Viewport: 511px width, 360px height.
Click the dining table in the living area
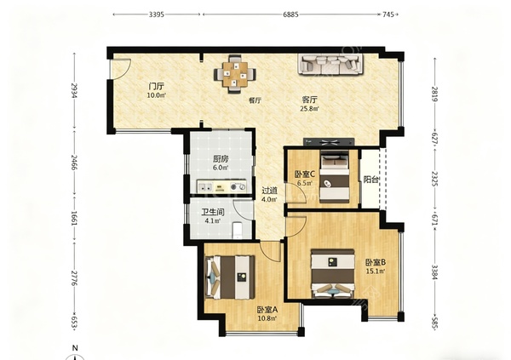[234, 74]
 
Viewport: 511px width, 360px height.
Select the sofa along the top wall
[330, 64]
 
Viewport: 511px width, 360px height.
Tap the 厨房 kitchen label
[221, 159]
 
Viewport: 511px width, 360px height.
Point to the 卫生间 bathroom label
[212, 213]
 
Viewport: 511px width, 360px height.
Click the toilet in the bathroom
[237, 230]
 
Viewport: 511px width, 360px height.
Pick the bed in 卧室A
[230, 277]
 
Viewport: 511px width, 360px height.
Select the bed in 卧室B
[332, 274]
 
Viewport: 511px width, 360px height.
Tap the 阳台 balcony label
[370, 180]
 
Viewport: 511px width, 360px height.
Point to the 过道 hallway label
[270, 191]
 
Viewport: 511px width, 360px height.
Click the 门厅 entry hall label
[156, 87]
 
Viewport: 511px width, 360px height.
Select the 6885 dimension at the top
[290, 14]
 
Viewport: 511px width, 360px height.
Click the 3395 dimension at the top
[157, 14]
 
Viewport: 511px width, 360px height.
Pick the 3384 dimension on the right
[434, 271]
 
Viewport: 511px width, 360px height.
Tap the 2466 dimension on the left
[74, 163]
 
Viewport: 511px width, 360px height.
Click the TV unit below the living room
[329, 142]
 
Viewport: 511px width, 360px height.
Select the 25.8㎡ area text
[309, 108]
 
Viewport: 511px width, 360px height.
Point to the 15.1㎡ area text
[376, 271]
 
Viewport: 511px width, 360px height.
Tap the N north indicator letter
[75, 348]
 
